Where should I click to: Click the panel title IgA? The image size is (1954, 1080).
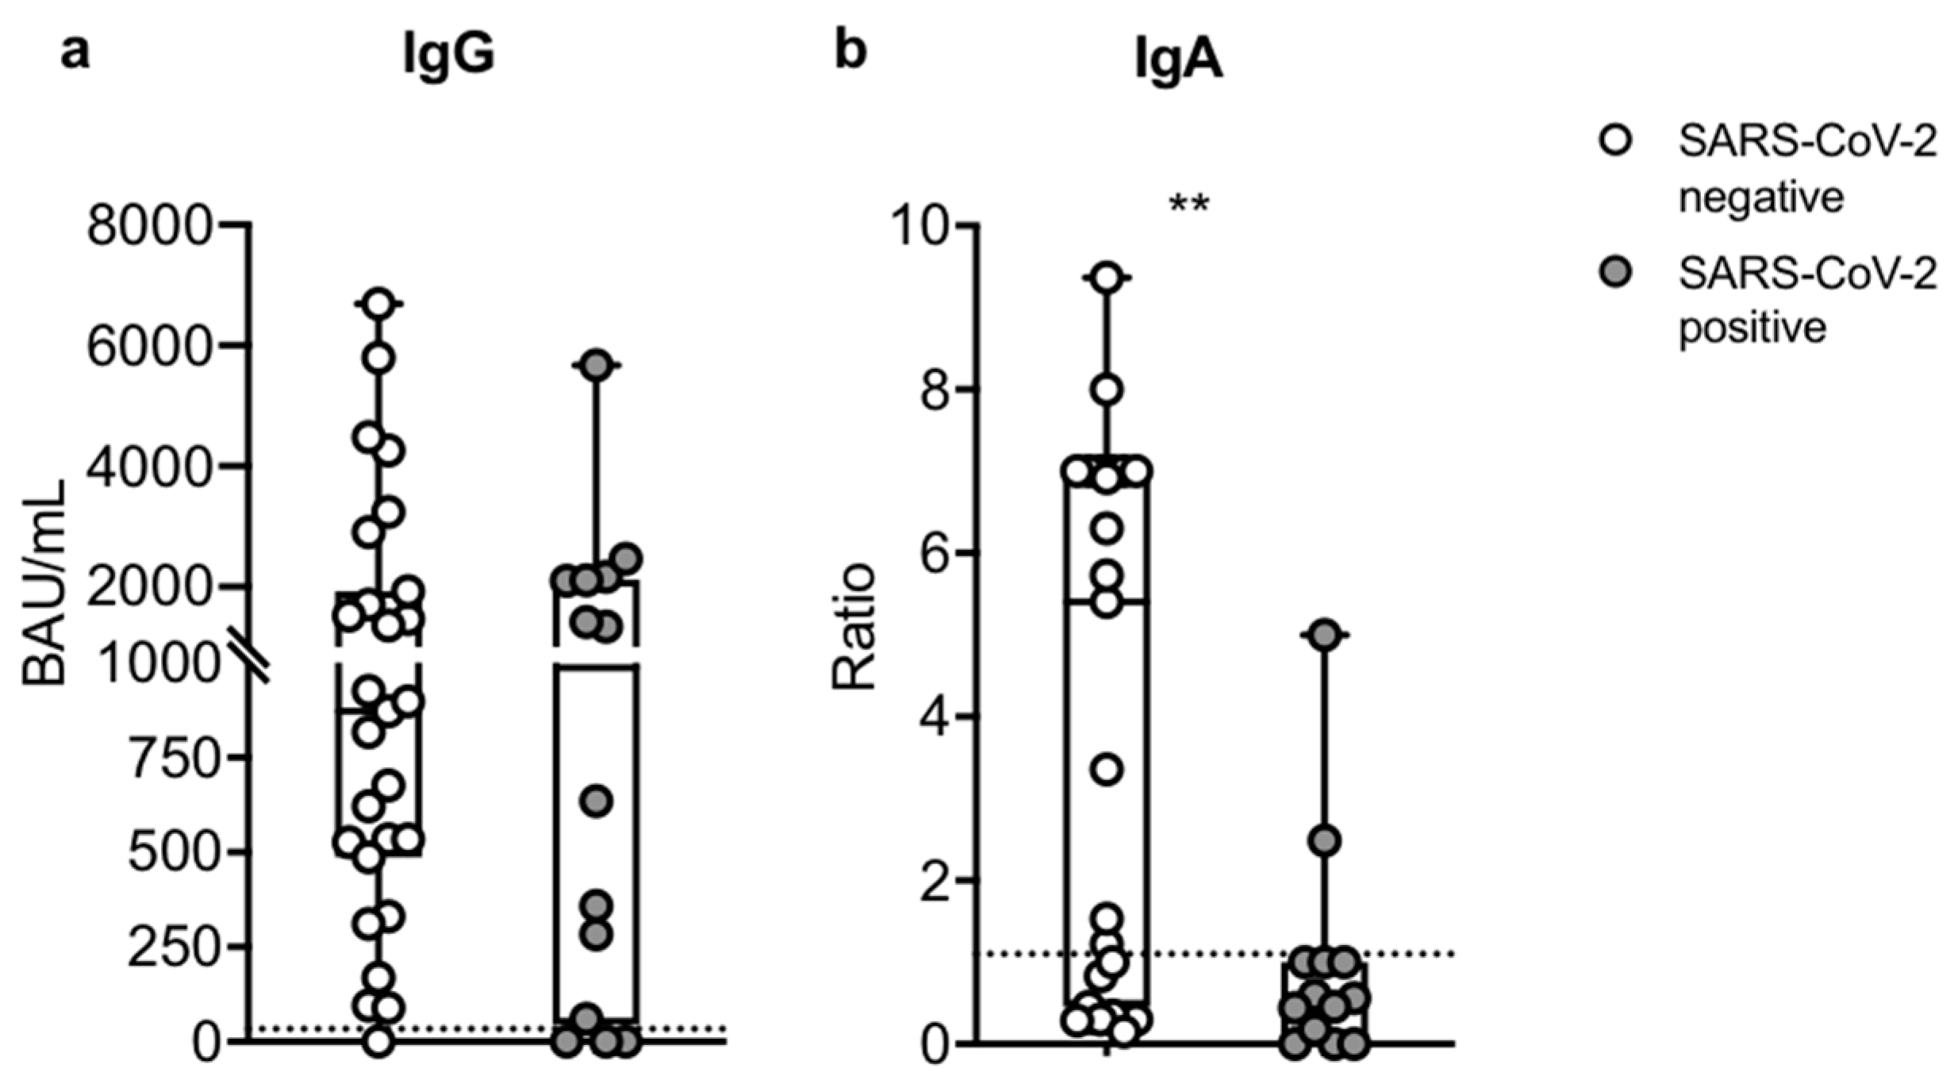click(1178, 60)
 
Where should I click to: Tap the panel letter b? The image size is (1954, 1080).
click(850, 52)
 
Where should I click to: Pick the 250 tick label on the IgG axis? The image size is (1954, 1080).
click(172, 947)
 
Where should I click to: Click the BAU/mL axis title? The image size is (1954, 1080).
click(44, 583)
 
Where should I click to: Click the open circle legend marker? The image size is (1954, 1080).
click(1616, 142)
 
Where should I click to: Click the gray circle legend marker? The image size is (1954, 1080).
click(1616, 275)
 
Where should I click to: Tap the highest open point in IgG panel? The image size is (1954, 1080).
click(379, 303)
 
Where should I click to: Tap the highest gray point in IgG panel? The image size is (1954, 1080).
click(597, 364)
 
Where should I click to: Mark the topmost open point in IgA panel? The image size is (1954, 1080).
click(1108, 278)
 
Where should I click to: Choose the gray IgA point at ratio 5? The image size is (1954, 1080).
click(1324, 635)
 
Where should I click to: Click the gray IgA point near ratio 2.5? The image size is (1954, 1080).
click(1324, 840)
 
